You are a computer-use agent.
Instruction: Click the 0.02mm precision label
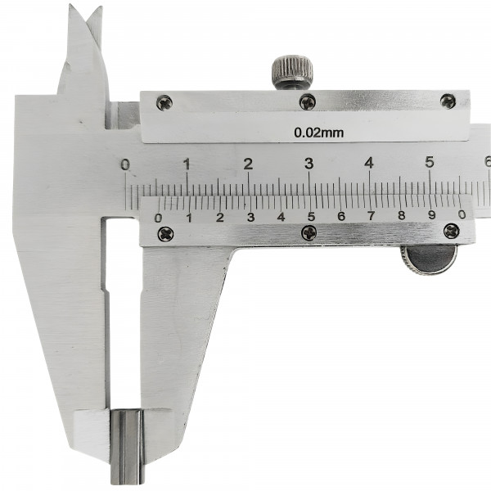click(x=319, y=133)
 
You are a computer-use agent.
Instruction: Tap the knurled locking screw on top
click(x=292, y=72)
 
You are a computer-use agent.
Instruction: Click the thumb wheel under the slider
click(x=429, y=259)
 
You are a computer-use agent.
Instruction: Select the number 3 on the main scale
click(x=309, y=164)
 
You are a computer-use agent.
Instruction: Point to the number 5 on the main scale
click(x=430, y=162)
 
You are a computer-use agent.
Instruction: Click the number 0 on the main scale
click(x=125, y=164)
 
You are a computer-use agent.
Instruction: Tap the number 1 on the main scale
click(x=187, y=164)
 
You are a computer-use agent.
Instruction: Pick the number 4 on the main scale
click(x=370, y=163)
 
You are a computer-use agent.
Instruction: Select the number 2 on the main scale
click(x=248, y=164)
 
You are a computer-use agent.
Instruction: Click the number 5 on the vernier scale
click(x=311, y=216)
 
